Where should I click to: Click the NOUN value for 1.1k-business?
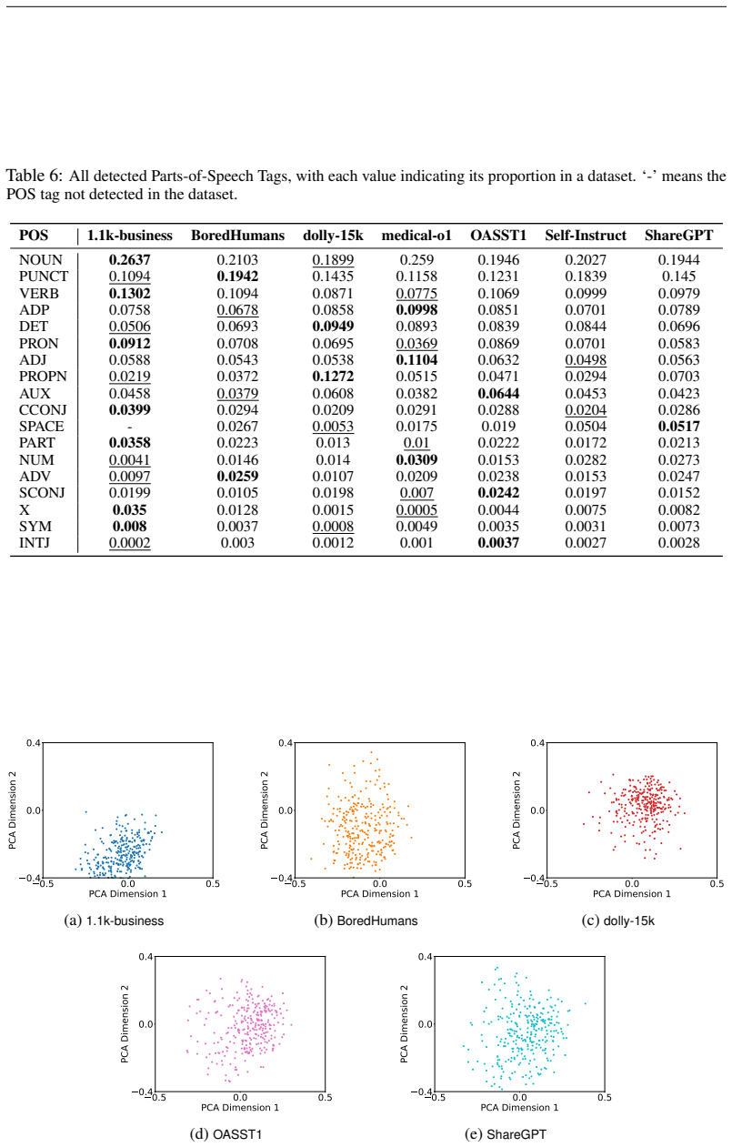pyautogui.click(x=129, y=260)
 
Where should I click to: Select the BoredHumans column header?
pyautogui.click(x=237, y=236)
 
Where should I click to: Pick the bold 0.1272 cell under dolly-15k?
pyautogui.click(x=333, y=377)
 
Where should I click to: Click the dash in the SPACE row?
pyautogui.click(x=129, y=427)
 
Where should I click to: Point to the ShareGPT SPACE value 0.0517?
pyautogui.click(x=678, y=427)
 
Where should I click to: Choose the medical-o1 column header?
pyautogui.click(x=416, y=236)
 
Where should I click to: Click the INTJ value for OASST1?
pyautogui.click(x=498, y=543)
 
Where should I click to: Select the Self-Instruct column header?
pyautogui.click(x=586, y=236)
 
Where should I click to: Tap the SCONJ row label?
pyautogui.click(x=42, y=493)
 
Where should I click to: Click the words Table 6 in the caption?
pyautogui.click(x=34, y=176)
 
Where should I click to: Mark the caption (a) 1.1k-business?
pyautogui.click(x=114, y=921)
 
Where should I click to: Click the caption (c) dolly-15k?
pyautogui.click(x=617, y=921)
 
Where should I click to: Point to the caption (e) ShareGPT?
pyautogui.click(x=506, y=1134)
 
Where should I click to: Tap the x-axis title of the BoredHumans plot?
pyautogui.click(x=379, y=893)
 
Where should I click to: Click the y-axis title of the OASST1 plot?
pyautogui.click(x=125, y=1024)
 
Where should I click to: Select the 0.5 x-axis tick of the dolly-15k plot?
pyautogui.click(x=717, y=883)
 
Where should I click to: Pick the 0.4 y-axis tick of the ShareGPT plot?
pyautogui.click(x=425, y=956)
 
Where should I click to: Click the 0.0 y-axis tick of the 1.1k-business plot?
pyautogui.click(x=34, y=810)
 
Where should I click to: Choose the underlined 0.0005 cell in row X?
pyautogui.click(x=416, y=510)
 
